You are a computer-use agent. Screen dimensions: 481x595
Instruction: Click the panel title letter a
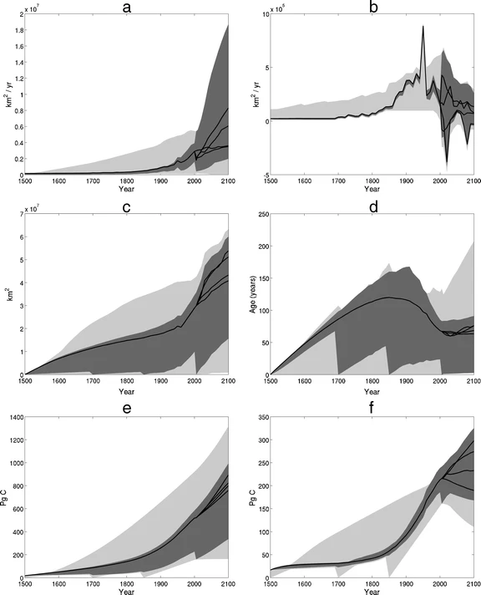click(127, 8)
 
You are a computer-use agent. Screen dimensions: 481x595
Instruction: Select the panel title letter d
click(373, 206)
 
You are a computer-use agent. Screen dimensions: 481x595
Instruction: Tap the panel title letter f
click(372, 408)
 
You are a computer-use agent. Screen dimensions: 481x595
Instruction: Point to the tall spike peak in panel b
click(423, 26)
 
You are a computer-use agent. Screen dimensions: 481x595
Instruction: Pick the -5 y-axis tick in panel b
click(266, 175)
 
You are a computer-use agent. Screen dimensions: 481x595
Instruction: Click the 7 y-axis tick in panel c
click(21, 214)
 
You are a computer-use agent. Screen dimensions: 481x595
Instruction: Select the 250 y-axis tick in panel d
click(264, 214)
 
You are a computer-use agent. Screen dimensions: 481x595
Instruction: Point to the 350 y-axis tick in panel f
click(264, 417)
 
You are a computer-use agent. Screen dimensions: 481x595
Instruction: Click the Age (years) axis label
click(252, 294)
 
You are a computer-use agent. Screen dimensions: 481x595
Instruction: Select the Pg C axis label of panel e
click(4, 497)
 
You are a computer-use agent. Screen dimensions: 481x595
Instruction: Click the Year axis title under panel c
click(126, 391)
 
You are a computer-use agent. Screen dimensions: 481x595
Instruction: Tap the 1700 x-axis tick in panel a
click(93, 181)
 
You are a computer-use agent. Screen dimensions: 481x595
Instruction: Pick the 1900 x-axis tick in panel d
click(407, 381)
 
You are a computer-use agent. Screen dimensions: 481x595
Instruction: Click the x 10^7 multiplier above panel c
click(33, 208)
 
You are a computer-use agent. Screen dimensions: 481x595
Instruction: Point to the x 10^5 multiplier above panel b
click(278, 8)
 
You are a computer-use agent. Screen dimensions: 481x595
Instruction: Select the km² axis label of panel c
click(10, 294)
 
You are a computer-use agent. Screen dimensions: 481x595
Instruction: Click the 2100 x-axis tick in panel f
click(473, 584)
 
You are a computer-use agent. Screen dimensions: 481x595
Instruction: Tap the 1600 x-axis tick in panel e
click(59, 584)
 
